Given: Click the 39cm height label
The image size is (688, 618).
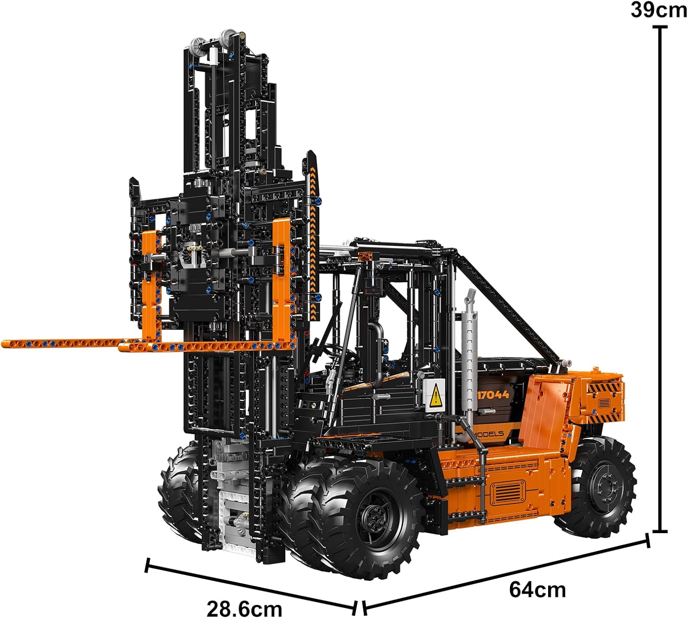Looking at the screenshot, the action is pyautogui.click(x=659, y=10).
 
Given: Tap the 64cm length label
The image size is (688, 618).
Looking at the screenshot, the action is pyautogui.click(x=537, y=590).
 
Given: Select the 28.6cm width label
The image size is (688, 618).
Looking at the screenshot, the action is pyautogui.click(x=244, y=608).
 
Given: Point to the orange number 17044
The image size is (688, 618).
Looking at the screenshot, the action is pyautogui.click(x=493, y=394).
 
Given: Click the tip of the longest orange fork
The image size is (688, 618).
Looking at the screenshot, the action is pyautogui.click(x=3, y=344).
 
